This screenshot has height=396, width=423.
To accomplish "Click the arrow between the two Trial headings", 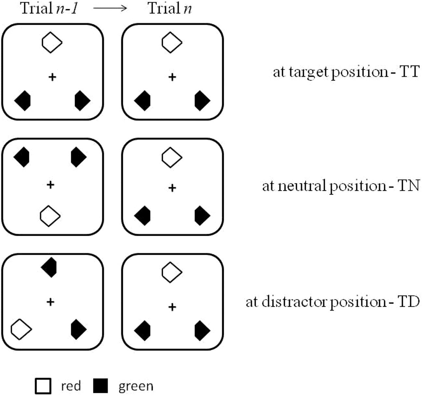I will tap(110, 8).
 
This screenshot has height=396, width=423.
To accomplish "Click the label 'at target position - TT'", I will tap(346, 72).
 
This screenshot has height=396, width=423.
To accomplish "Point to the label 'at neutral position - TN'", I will tap(341, 186).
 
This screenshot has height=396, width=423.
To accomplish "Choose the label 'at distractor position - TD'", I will tap(333, 302).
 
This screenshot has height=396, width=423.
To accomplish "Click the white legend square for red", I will tap(43, 386).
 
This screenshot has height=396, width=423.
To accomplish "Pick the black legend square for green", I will tap(101, 386).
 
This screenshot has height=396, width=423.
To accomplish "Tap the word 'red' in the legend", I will tap(71, 386).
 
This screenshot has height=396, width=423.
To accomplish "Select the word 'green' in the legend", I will tap(136, 386).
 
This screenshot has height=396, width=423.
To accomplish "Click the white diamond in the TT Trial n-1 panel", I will tap(52, 43).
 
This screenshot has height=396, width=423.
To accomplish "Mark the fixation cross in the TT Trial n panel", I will tap(172, 77).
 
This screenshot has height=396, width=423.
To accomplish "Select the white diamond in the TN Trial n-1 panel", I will tap(50, 216).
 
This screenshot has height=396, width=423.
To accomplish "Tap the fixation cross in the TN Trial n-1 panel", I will tap(50, 184).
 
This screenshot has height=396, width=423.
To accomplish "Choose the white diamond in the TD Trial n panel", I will tap(172, 272).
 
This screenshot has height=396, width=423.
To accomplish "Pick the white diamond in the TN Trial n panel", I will tap(172, 157).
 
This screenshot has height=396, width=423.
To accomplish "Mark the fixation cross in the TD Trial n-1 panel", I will tap(50, 302).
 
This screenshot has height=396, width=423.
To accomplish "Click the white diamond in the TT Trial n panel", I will tap(172, 43).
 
